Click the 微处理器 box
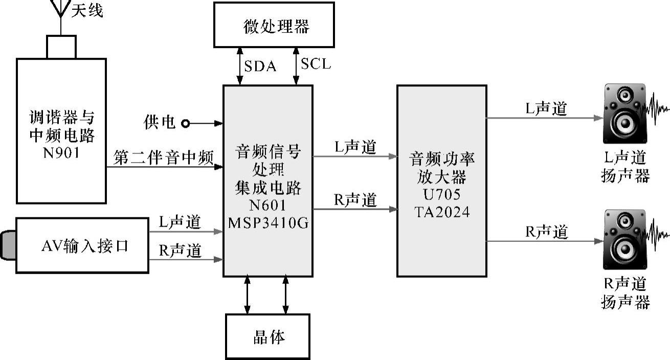[x=274, y=25]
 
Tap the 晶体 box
[x=267, y=336]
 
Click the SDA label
[x=260, y=66]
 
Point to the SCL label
[x=316, y=64]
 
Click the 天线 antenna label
[x=87, y=11]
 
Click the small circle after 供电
[x=185, y=123]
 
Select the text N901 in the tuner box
[x=61, y=152]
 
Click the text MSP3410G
[x=269, y=223]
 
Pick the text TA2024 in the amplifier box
[x=442, y=211]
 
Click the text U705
[x=442, y=195]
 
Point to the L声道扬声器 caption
[x=625, y=167]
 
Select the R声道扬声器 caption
[x=625, y=292]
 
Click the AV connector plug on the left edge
[x=8, y=245]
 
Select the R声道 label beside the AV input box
[x=180, y=251]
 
